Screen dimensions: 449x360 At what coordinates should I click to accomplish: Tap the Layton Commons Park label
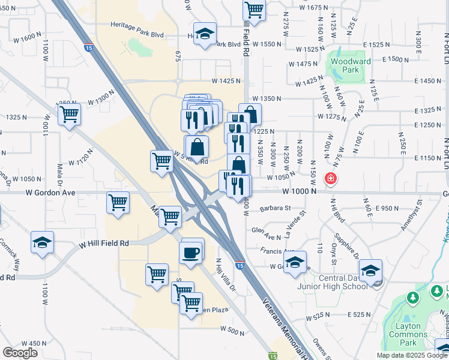[x=411, y=335]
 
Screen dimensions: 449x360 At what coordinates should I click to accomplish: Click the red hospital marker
[x=330, y=178]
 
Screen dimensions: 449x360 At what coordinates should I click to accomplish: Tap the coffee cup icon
[x=191, y=251]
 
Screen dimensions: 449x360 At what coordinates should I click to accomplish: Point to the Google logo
[x=20, y=353]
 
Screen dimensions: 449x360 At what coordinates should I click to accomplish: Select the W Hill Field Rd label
[x=105, y=244]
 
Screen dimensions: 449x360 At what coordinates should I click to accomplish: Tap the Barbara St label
[x=276, y=209]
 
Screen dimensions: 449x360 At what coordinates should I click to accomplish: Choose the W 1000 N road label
[x=300, y=191]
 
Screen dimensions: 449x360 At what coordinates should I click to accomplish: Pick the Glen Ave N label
[x=267, y=230]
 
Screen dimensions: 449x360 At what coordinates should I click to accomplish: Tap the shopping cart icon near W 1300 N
[x=70, y=113]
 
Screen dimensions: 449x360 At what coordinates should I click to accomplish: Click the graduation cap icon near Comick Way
[x=42, y=242]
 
